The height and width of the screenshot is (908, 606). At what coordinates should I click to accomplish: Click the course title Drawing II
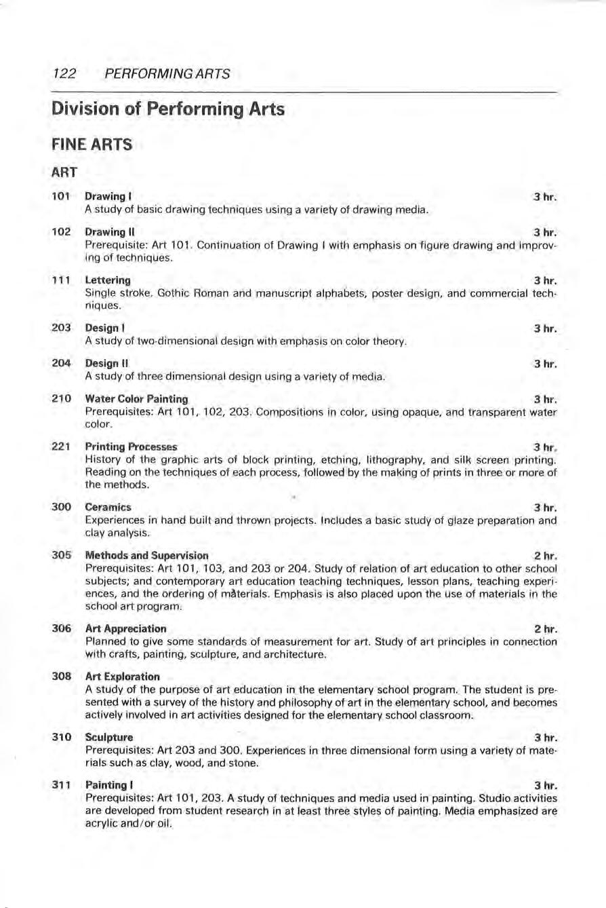click(107, 232)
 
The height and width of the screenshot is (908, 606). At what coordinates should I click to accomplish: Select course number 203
click(62, 328)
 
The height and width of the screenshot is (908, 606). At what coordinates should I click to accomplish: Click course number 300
click(62, 507)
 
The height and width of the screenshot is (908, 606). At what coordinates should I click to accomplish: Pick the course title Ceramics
click(108, 507)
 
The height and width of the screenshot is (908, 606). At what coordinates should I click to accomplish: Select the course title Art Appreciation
click(125, 628)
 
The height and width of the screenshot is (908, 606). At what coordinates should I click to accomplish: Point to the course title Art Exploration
click(123, 677)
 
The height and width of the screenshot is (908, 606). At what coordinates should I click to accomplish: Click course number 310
click(62, 737)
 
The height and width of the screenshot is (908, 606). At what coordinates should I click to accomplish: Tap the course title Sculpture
click(109, 737)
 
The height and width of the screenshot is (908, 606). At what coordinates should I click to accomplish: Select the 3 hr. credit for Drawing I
click(545, 197)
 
